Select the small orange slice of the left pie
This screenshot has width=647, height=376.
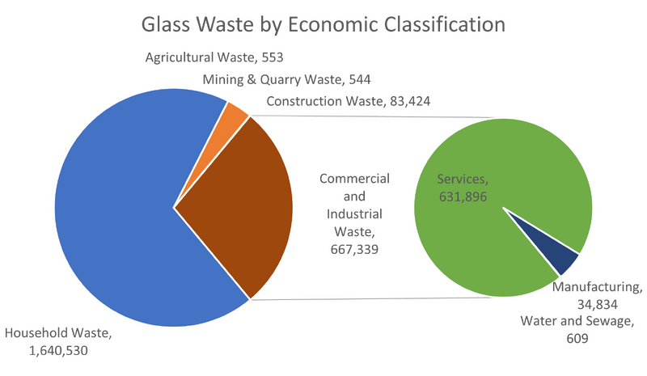(236, 115)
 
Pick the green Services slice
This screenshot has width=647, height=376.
(493, 243)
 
